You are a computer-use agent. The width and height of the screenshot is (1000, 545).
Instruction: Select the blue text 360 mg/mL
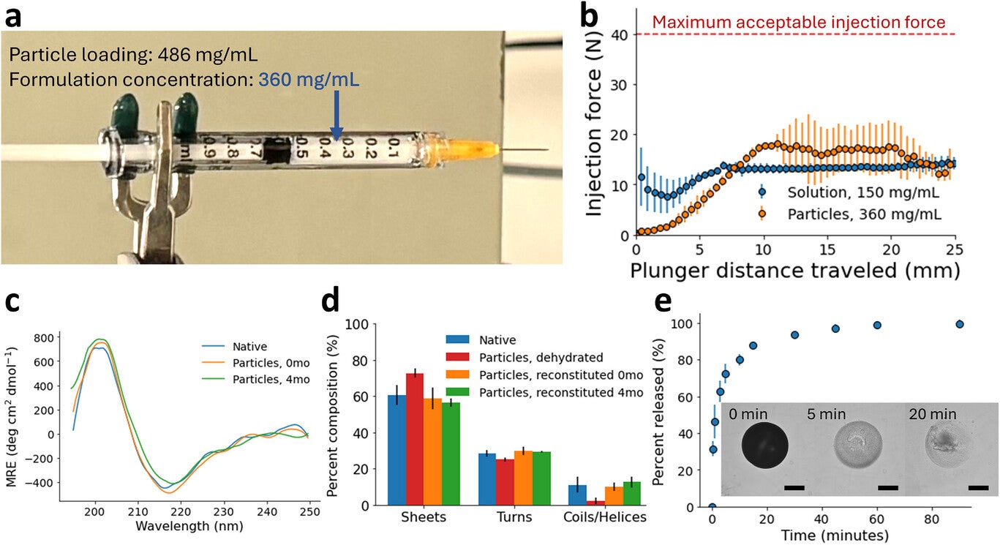308,80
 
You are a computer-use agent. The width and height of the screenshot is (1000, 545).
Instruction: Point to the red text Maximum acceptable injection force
798,22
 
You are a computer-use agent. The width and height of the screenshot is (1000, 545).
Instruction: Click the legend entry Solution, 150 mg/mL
862,194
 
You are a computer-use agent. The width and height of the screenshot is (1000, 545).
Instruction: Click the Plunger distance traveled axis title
794,271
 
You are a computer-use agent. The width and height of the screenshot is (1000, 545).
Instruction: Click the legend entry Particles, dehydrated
541,358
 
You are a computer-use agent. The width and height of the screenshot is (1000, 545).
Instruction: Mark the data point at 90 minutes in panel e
960,324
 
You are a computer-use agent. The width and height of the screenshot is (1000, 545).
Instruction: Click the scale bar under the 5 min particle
887,486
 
